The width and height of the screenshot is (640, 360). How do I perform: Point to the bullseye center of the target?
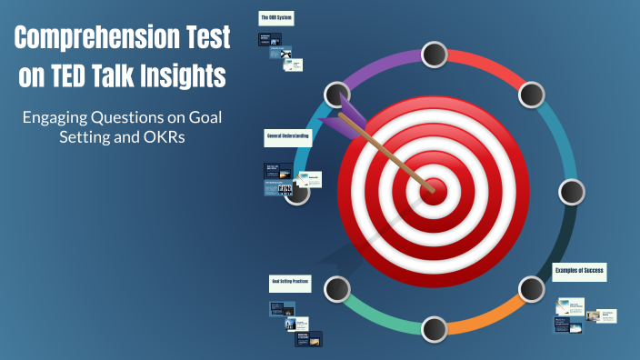[x=435, y=188]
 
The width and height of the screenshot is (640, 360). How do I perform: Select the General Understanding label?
[x=287, y=135]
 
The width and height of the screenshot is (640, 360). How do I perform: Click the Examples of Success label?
[x=579, y=271]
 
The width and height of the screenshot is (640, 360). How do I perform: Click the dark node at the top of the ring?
[x=435, y=54]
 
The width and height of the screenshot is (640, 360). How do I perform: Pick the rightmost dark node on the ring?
[x=571, y=192]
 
